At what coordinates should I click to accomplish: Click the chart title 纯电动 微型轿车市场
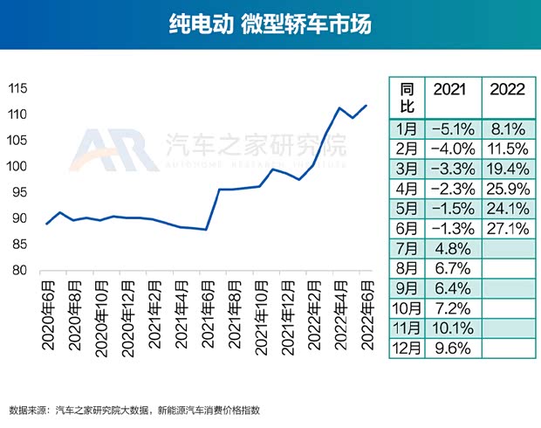click(270, 24)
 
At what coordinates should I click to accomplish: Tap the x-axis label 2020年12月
click(127, 310)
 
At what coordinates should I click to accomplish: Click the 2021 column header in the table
click(450, 90)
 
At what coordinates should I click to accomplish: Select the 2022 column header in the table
click(507, 90)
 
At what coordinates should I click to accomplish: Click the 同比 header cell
click(406, 97)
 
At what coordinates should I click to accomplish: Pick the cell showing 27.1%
click(507, 228)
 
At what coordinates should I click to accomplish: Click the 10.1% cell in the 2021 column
click(451, 328)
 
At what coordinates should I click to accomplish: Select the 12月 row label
click(406, 349)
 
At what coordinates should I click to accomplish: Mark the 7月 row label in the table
click(406, 247)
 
